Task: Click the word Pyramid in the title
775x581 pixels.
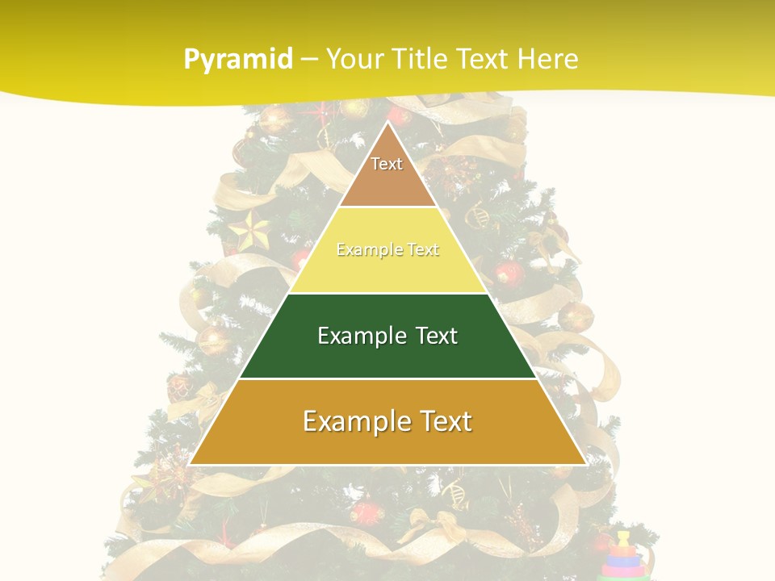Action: tap(238, 60)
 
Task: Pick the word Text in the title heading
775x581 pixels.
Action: tap(482, 60)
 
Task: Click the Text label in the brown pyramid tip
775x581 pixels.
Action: tap(387, 164)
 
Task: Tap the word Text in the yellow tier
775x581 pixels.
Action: tap(423, 250)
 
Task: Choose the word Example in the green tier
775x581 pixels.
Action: tap(360, 336)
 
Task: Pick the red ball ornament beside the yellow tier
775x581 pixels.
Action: tap(509, 274)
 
